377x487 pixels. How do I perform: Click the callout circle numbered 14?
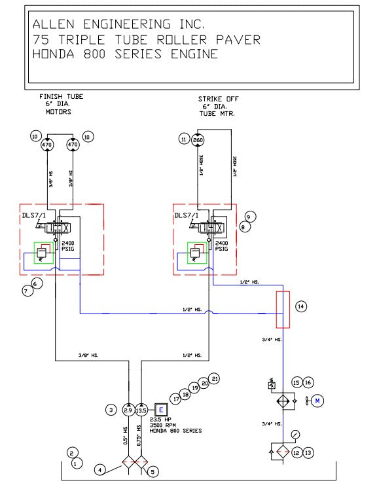coord(300,306)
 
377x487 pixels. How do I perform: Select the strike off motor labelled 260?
coord(198,139)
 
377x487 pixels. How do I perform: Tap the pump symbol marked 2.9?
coord(129,410)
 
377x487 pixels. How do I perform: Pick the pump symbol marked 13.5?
coord(141,410)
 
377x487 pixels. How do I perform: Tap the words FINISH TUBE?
coord(62,97)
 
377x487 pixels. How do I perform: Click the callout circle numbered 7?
coord(27,292)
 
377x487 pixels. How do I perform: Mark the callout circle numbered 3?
coord(111,410)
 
